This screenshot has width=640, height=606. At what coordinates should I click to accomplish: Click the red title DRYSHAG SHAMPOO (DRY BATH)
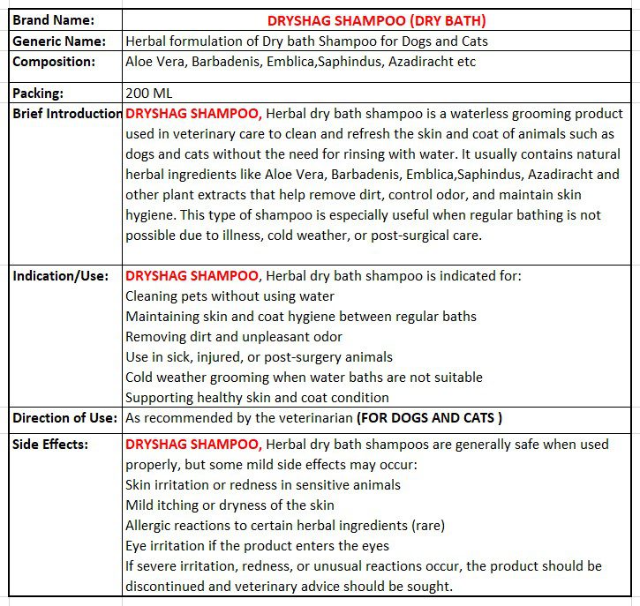pos(376,20)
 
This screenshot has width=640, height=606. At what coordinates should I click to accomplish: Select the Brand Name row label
pos(54,20)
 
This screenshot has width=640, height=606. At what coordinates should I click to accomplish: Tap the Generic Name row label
pos(59,41)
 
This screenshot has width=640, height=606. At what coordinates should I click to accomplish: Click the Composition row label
pos(54,62)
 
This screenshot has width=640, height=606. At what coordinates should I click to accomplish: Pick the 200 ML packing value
pos(149,93)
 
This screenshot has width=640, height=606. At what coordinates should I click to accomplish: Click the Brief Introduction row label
pos(67,114)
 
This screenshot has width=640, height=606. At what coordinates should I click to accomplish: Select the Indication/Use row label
pos(60,276)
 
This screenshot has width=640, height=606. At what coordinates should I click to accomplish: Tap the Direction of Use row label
pos(64,417)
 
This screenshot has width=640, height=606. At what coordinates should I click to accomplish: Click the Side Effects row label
pos(50,444)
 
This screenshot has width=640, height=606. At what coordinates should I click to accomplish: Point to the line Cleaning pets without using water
pos(230,296)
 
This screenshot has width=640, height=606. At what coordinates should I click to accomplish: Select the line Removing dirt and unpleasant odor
pos(234,336)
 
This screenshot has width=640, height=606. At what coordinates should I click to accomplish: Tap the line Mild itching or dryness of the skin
pos(230,505)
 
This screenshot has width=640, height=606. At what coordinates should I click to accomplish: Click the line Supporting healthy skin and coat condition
pos(257,397)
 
